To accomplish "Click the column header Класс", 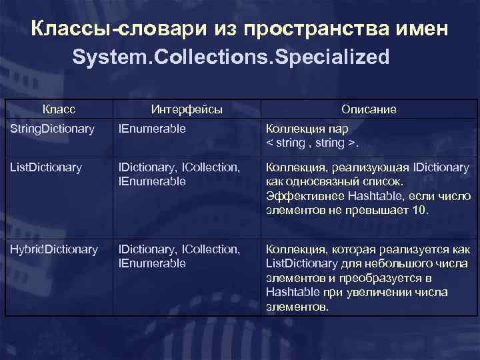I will point(59,109).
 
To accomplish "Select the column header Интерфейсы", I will point(187,109).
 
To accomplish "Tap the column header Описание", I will point(369,109).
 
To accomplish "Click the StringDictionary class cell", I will point(51,128).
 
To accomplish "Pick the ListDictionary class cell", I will point(46,167).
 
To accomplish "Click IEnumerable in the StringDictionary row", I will point(152,128).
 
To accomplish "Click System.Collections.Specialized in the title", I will point(230,57).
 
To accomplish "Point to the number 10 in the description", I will point(419,210).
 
